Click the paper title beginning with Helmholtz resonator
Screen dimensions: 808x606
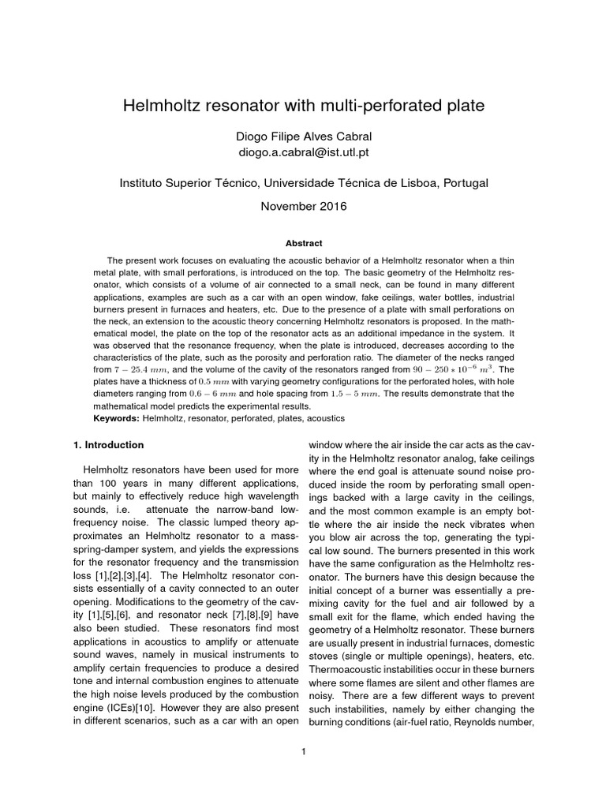tap(303, 104)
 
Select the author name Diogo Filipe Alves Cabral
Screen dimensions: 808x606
tap(303, 136)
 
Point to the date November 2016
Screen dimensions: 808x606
tap(303, 207)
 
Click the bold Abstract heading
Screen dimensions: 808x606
tap(303, 244)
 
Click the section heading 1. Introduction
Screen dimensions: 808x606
tap(108, 445)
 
